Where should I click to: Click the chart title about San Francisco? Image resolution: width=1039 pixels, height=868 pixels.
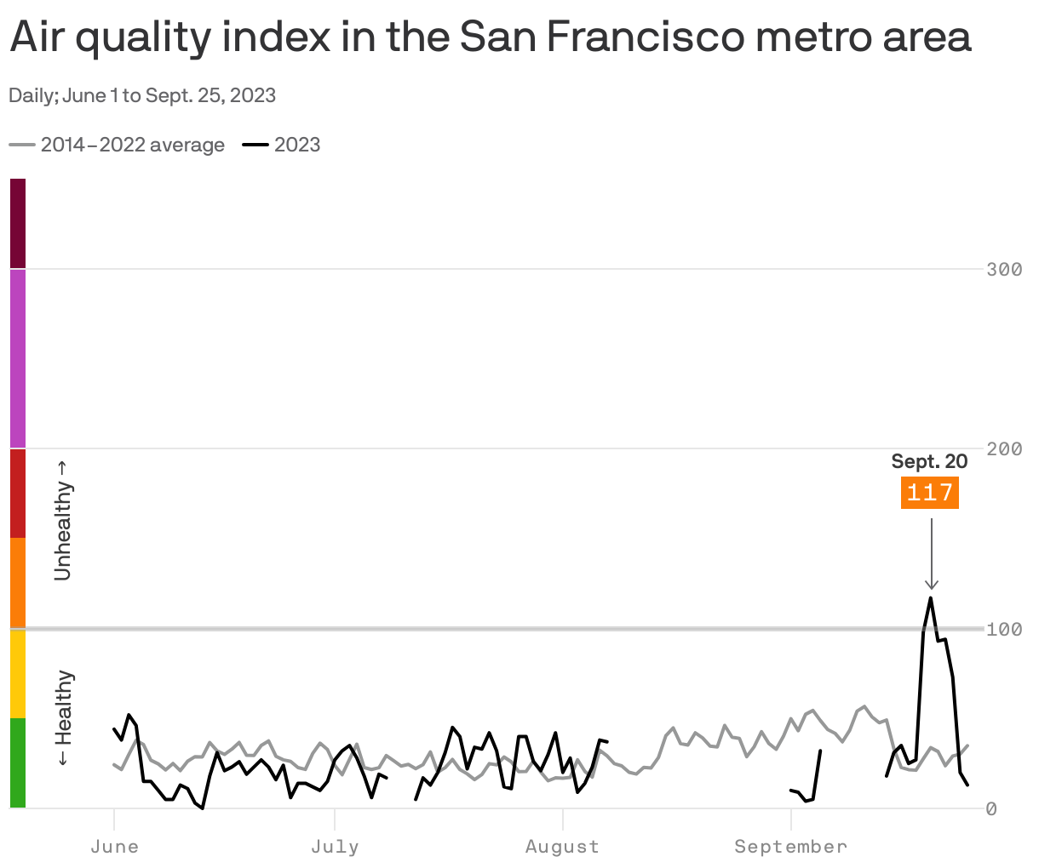click(x=490, y=38)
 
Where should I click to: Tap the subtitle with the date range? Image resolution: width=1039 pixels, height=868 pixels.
click(x=142, y=95)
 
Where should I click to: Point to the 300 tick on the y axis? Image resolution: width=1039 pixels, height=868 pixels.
click(x=1004, y=270)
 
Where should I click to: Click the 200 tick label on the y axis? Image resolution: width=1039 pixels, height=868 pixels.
click(x=1004, y=448)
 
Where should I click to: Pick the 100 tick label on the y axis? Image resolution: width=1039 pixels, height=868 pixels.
click(x=1004, y=629)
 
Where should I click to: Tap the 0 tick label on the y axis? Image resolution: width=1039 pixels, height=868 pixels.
click(x=991, y=808)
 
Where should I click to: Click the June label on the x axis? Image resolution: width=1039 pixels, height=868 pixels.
click(x=114, y=847)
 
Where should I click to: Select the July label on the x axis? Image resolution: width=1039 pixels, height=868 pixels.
click(x=335, y=847)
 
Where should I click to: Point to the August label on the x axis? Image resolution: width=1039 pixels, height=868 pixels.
click(x=562, y=847)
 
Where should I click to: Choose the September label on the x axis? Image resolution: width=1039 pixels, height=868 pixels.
click(x=791, y=847)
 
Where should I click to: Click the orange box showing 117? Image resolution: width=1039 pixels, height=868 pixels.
click(x=930, y=493)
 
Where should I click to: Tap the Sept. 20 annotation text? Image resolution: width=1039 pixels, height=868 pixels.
click(x=929, y=461)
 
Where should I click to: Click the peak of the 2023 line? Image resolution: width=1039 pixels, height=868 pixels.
click(x=931, y=597)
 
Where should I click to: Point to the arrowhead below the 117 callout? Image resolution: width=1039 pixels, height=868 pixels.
click(x=932, y=585)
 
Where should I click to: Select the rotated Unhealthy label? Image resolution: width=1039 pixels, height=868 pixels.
click(x=64, y=521)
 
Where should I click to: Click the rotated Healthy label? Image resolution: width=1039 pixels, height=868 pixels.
click(x=64, y=718)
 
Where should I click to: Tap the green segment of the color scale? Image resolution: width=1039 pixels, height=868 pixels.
click(x=18, y=762)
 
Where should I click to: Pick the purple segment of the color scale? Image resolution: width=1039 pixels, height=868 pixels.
click(x=18, y=357)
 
